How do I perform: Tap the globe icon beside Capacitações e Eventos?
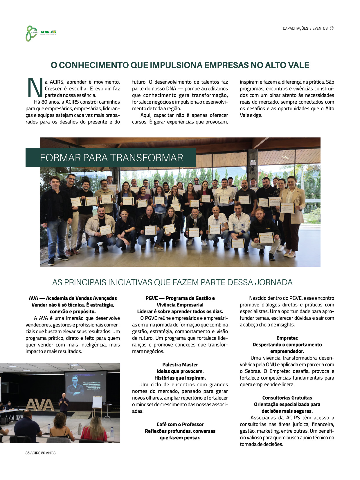coord(332,28)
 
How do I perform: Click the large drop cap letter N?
coord(35,87)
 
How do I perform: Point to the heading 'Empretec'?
coord(287,338)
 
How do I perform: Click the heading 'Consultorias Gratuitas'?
coord(287,398)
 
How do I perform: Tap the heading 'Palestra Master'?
coord(180,364)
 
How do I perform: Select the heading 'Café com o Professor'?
coord(180,424)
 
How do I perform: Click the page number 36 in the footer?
coord(28,453)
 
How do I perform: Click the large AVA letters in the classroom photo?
coord(40,405)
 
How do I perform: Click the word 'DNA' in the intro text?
coord(171,89)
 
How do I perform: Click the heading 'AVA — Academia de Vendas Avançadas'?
coord(73,298)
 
